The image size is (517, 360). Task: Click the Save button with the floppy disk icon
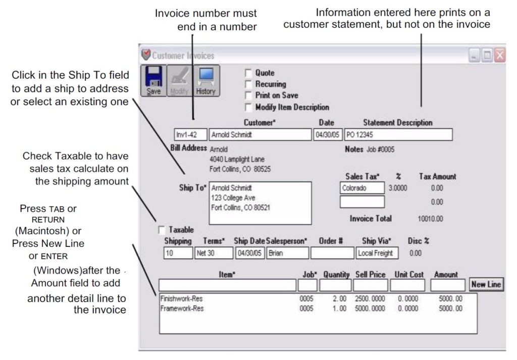153,81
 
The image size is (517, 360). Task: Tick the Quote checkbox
248,73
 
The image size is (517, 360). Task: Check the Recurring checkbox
248,84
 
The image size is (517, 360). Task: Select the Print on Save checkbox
248,95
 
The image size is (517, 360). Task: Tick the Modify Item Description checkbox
248,107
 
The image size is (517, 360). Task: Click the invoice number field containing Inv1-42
190,135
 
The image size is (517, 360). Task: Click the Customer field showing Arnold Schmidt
260,135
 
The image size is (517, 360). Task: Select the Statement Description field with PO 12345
398,135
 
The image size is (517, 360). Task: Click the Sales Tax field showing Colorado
362,188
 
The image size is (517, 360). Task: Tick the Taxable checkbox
162,230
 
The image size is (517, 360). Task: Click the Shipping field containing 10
178,253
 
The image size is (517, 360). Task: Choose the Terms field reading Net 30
213,253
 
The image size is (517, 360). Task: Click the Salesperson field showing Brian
287,253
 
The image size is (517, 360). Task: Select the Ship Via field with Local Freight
377,253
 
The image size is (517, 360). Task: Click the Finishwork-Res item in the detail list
181,298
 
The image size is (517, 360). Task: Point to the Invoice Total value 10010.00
430,219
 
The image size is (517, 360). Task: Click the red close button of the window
499,56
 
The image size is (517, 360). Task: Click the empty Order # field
332,253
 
